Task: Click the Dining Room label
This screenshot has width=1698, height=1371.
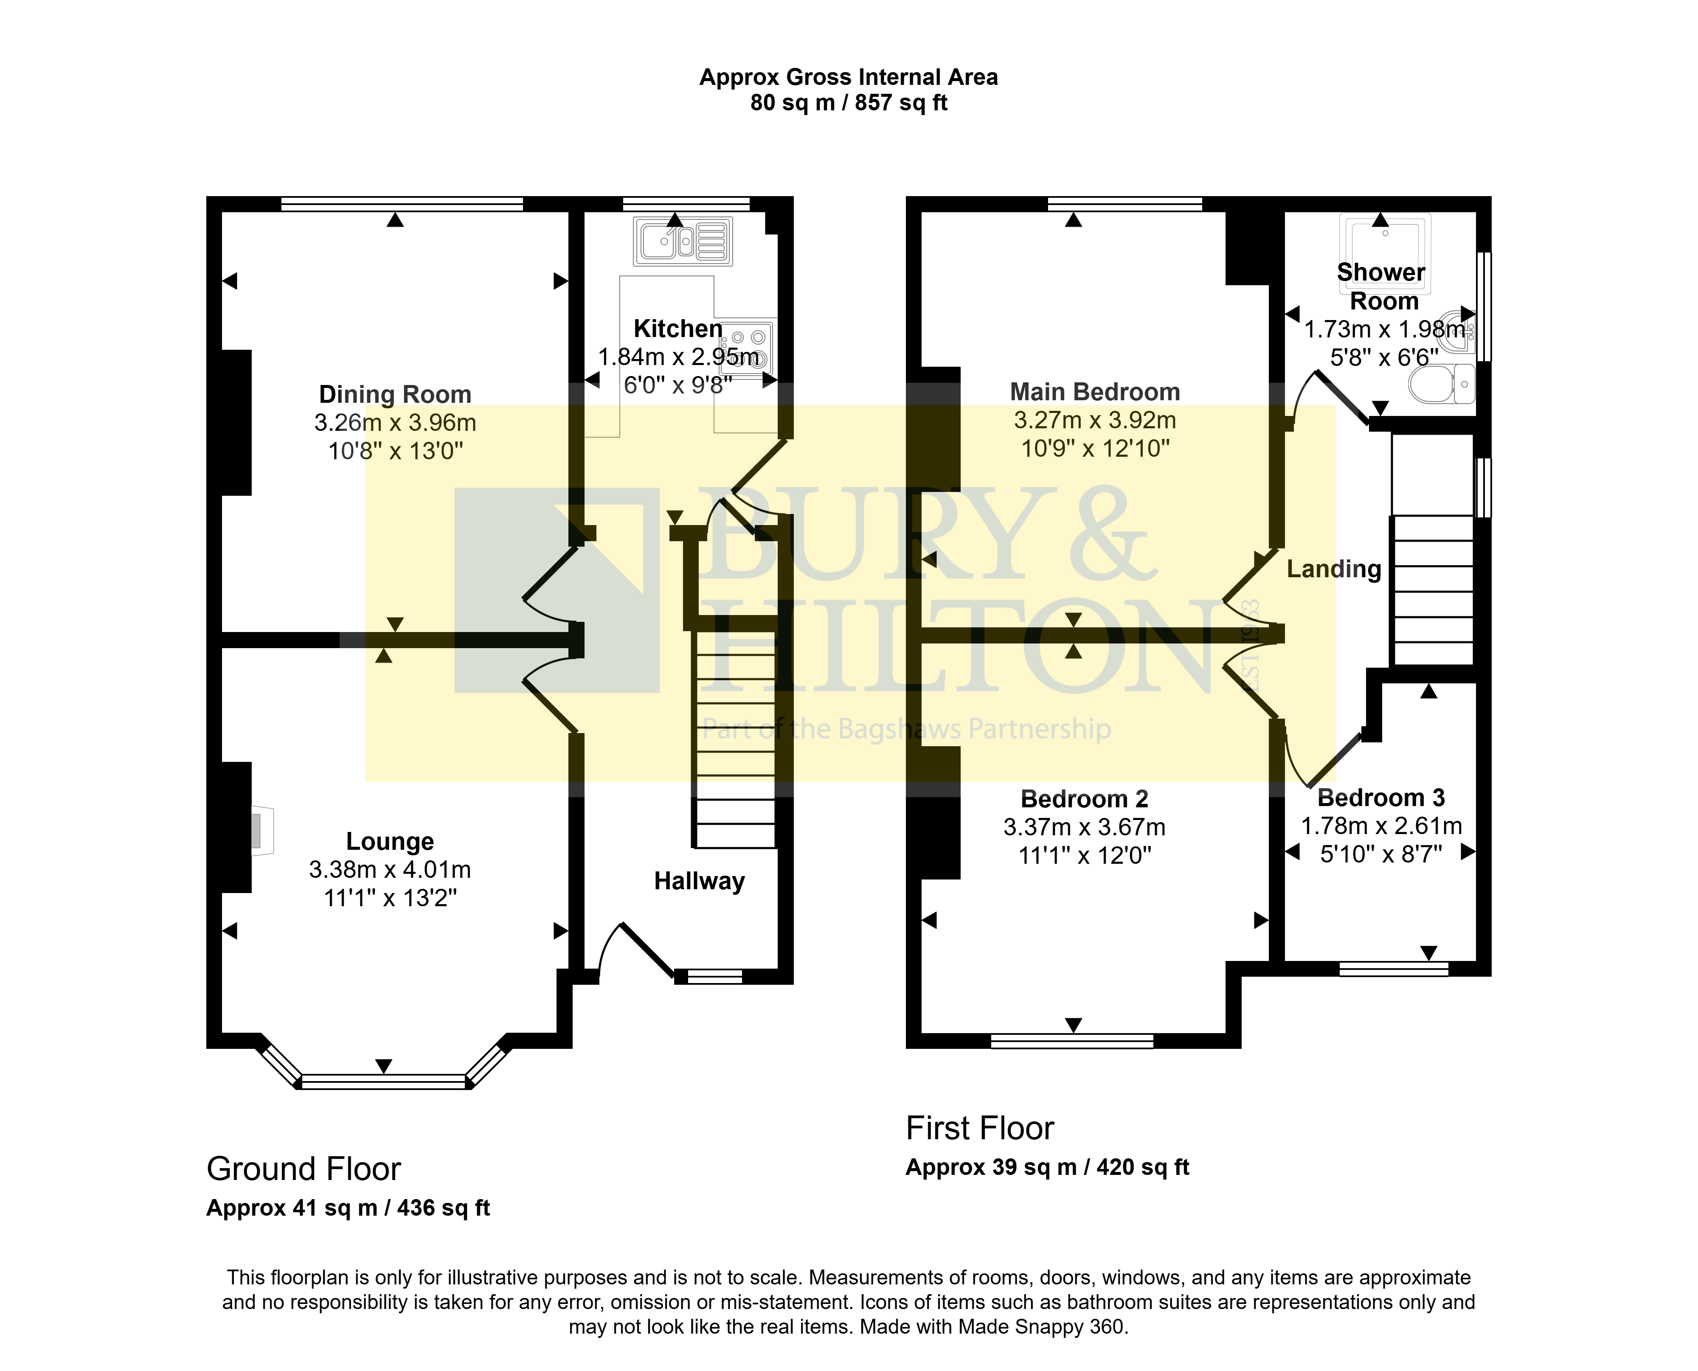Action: tap(395, 394)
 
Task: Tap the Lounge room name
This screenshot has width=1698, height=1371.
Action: tap(390, 842)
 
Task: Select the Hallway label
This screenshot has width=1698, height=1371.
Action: tap(700, 881)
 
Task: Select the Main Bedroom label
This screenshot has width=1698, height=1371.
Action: tap(1095, 392)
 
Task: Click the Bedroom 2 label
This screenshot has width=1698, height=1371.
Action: tap(1084, 799)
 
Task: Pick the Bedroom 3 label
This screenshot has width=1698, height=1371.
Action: tap(1381, 798)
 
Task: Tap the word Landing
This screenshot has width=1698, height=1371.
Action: tap(1334, 569)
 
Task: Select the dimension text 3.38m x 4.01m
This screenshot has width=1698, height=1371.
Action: tap(390, 870)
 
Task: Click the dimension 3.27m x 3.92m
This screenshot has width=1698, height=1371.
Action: tap(1095, 420)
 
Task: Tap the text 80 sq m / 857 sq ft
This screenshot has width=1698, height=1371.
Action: tap(849, 103)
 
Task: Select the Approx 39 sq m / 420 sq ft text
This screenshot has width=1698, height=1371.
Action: tap(1047, 1167)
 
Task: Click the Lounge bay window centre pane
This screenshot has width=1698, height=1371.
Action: tap(384, 1081)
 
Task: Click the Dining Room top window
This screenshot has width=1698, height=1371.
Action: tap(402, 204)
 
